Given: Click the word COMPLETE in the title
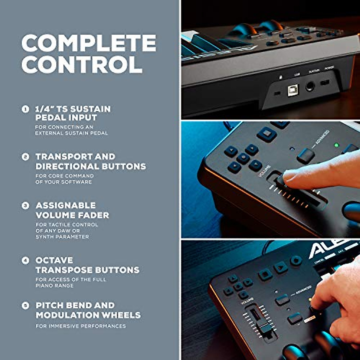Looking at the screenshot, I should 89,43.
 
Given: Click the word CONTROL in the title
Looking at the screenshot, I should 82,64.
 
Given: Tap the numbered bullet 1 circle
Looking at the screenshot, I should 25,109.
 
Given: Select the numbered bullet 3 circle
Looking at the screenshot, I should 25,205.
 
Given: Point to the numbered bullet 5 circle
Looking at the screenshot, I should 25,305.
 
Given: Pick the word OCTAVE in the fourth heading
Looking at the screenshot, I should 54,260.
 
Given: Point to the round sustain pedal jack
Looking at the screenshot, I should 310,87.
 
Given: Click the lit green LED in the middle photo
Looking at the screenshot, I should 336,145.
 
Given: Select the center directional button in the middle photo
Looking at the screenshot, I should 243,158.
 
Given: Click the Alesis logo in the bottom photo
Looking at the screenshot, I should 333,248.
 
